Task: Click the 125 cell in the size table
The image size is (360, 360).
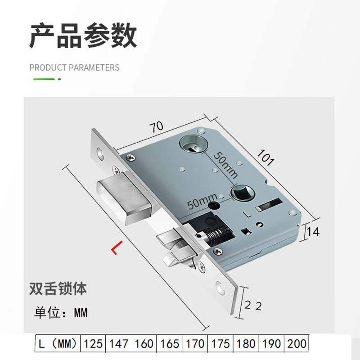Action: pos(93,344)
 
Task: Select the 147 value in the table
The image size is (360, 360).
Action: pos(118,344)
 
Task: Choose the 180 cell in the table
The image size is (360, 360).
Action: pos(245,344)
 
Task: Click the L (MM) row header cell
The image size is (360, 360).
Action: pos(58,344)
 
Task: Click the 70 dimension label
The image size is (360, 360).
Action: pos(156,127)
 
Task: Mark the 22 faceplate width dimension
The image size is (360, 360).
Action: pos(253,306)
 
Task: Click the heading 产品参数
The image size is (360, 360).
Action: pos(83,36)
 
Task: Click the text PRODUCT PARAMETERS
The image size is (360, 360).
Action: pos(74,67)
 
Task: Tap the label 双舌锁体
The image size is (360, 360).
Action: pos(57,288)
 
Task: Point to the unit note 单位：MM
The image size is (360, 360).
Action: pos(61,313)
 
